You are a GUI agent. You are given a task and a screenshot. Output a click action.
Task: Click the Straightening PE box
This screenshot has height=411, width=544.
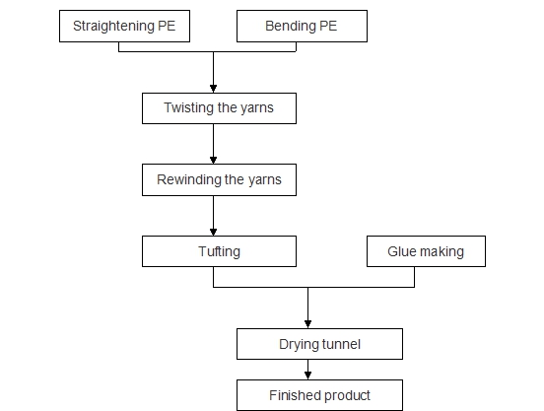(x=124, y=26)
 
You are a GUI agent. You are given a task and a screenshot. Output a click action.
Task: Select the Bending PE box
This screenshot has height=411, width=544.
(x=302, y=26)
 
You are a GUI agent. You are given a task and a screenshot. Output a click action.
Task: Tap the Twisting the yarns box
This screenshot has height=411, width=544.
(x=219, y=108)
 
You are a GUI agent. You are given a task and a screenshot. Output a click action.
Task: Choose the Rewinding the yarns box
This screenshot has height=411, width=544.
(x=219, y=179)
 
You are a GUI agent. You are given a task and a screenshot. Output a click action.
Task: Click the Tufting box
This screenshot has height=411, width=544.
(x=219, y=251)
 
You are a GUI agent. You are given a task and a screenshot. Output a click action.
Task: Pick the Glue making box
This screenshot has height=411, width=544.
(x=426, y=251)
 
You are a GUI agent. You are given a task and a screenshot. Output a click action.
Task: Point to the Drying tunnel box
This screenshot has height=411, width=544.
(x=319, y=344)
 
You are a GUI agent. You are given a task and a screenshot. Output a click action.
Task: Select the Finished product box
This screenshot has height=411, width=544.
(x=319, y=395)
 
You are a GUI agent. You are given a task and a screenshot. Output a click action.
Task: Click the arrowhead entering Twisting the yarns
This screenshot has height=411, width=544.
(x=214, y=89)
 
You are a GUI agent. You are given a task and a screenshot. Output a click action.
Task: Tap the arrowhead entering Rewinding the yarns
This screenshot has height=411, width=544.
(x=214, y=160)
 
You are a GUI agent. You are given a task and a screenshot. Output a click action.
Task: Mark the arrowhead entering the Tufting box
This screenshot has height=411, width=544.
(x=214, y=232)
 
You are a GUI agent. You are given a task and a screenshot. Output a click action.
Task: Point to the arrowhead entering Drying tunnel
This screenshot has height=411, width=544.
(x=307, y=324)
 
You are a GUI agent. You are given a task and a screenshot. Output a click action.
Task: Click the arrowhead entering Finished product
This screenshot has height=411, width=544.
(x=307, y=376)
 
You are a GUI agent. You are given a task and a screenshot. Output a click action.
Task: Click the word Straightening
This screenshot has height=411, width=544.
(x=113, y=27)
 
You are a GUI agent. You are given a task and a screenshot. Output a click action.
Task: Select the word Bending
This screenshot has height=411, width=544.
(x=291, y=26)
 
